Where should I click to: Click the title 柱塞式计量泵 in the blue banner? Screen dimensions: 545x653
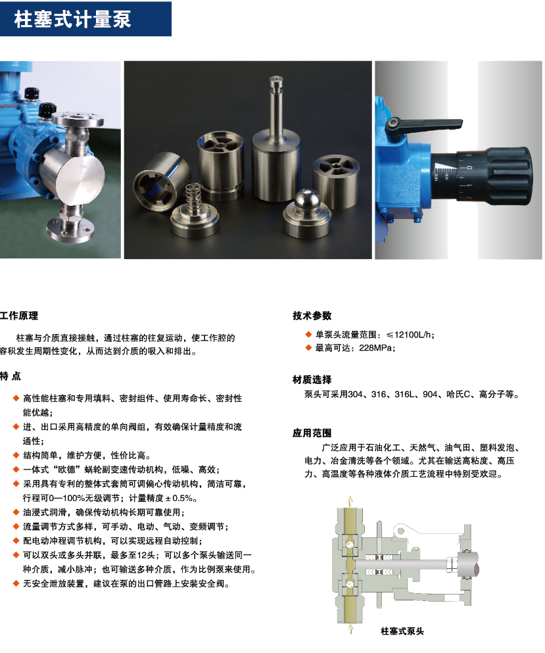tap(72, 19)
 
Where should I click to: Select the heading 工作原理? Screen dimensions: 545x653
tap(18, 316)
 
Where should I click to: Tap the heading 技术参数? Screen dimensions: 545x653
tap(312, 316)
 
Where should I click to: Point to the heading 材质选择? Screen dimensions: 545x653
tap(312, 379)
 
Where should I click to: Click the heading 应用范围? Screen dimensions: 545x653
tap(312, 433)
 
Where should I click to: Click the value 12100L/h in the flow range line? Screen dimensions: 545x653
tap(413, 335)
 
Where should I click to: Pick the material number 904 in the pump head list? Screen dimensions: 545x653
tap(430, 395)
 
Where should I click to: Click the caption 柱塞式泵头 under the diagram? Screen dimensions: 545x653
tap(402, 631)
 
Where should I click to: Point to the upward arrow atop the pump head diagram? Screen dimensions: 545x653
tap(350, 501)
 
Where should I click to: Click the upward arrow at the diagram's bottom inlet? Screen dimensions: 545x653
tap(350, 629)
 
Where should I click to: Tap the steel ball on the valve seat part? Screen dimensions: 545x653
tap(307, 200)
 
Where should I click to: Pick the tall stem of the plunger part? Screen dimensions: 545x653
tap(276, 105)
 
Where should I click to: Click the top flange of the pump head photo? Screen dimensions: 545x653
tap(80, 119)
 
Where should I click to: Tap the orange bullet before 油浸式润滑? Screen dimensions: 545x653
tap(16, 512)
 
